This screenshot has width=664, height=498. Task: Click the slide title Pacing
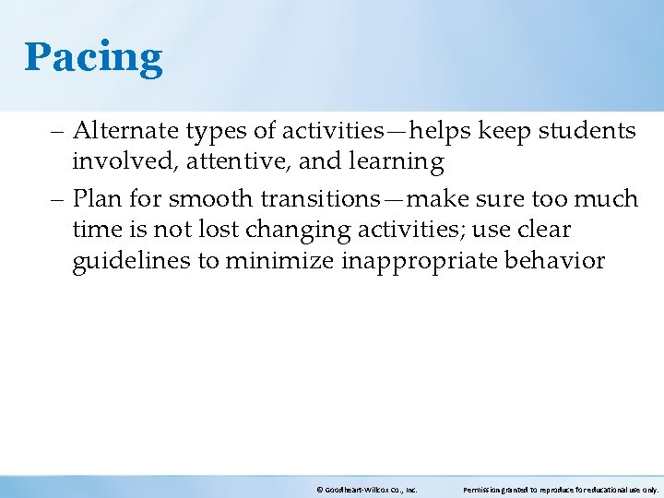point(93,57)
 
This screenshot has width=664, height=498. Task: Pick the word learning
point(397,163)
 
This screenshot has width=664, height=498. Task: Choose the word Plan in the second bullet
point(96,198)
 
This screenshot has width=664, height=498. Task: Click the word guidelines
point(131,261)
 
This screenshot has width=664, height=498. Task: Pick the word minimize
point(280,260)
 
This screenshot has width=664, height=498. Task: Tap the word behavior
point(555,260)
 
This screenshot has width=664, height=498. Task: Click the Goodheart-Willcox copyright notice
point(366,490)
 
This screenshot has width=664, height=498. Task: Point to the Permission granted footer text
point(560,490)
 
